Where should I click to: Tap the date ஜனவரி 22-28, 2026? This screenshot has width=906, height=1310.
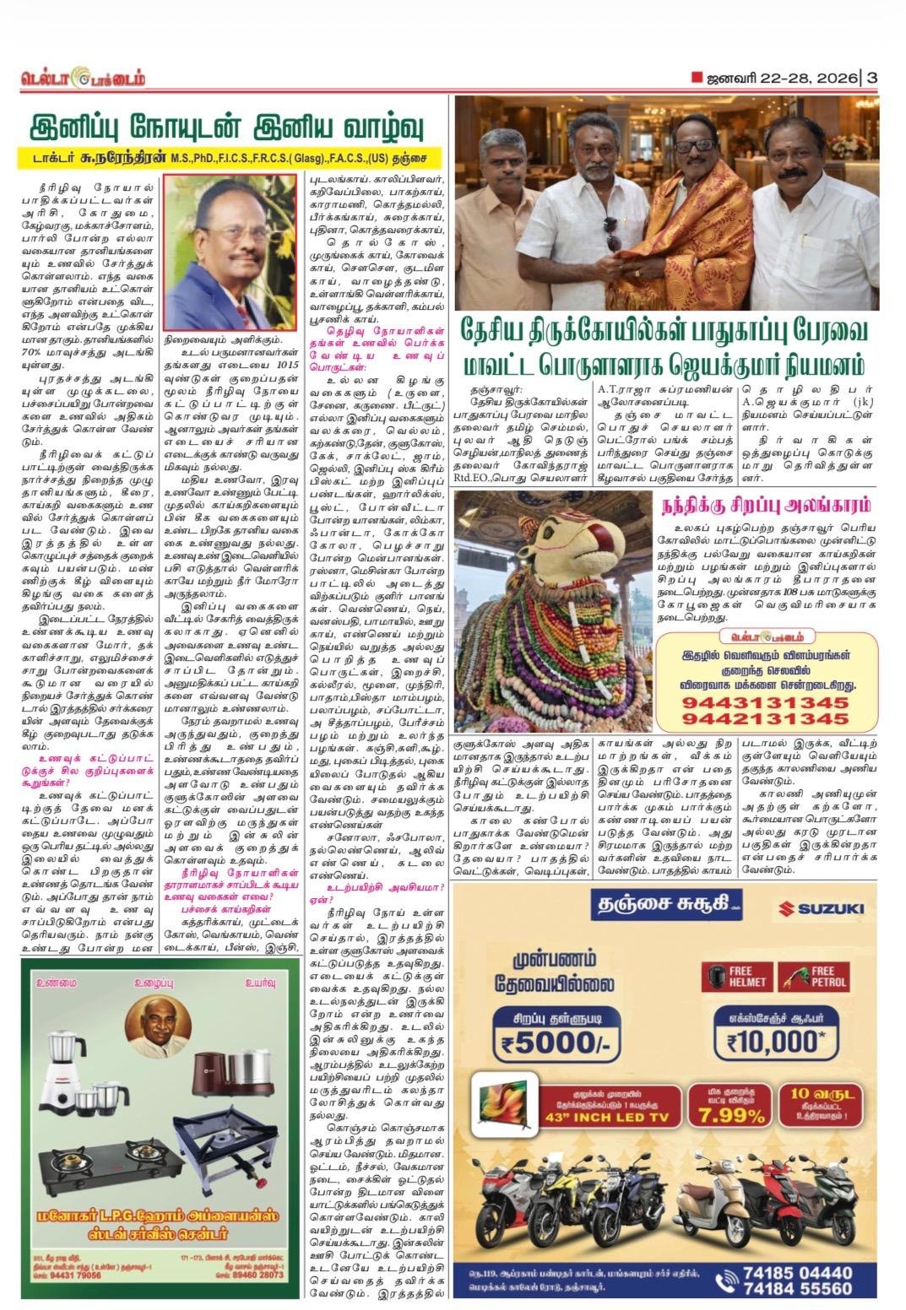(x=779, y=78)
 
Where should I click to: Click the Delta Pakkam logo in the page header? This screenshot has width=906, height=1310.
(x=84, y=78)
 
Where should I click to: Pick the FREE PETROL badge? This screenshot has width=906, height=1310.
(x=812, y=977)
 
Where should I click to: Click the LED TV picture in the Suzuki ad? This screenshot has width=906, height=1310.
(x=503, y=1105)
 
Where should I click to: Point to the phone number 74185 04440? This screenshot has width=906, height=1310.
(x=797, y=1273)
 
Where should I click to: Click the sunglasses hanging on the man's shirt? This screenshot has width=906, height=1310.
(x=612, y=232)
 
